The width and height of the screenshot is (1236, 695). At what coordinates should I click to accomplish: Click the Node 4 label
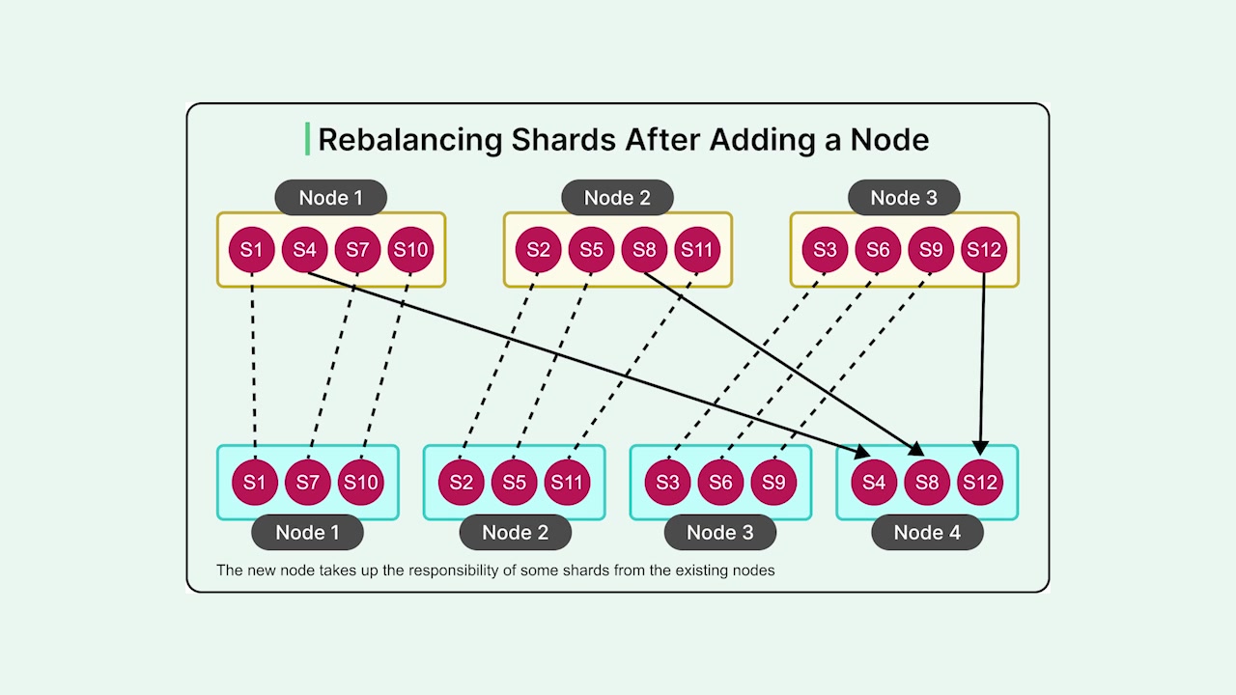[927, 532]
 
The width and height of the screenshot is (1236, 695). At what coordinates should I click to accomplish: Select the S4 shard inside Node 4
[874, 482]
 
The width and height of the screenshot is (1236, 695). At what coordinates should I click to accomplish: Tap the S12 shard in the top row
[984, 250]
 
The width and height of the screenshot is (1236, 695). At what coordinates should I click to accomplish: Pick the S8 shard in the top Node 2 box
[644, 250]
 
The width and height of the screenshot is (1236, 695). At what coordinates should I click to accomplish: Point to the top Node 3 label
[904, 198]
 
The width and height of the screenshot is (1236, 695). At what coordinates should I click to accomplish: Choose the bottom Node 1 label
[307, 532]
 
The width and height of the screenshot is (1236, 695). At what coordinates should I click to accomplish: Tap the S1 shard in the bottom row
[255, 482]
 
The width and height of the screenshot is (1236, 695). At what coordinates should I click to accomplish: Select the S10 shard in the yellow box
[410, 250]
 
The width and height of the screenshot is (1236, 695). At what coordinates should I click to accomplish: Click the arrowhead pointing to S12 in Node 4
[980, 448]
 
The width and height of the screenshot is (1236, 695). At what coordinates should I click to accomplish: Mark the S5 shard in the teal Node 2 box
[514, 482]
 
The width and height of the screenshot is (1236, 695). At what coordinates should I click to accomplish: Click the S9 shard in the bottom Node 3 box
[773, 482]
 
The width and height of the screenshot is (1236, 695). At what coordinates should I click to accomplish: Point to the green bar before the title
[308, 139]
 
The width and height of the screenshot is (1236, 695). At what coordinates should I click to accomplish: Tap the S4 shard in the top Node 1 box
[304, 250]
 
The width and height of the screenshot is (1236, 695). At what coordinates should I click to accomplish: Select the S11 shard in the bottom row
[567, 482]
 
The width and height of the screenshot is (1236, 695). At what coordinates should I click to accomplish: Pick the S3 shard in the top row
[825, 250]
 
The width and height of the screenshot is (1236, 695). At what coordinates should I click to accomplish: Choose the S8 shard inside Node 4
[927, 482]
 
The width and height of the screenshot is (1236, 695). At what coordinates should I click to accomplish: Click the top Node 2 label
[617, 198]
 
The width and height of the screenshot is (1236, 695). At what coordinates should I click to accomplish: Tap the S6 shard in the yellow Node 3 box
[878, 250]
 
